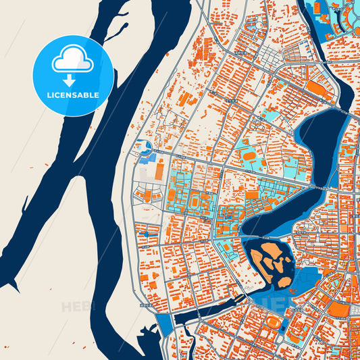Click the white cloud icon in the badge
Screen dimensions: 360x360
point(73,61)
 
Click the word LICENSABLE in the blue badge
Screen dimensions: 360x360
point(73,95)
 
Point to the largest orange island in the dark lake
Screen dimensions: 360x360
point(271,255)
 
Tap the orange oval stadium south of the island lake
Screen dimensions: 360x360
point(272,321)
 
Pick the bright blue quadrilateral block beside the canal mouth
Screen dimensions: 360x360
point(163,325)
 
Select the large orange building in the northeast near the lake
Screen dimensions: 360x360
point(316,88)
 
